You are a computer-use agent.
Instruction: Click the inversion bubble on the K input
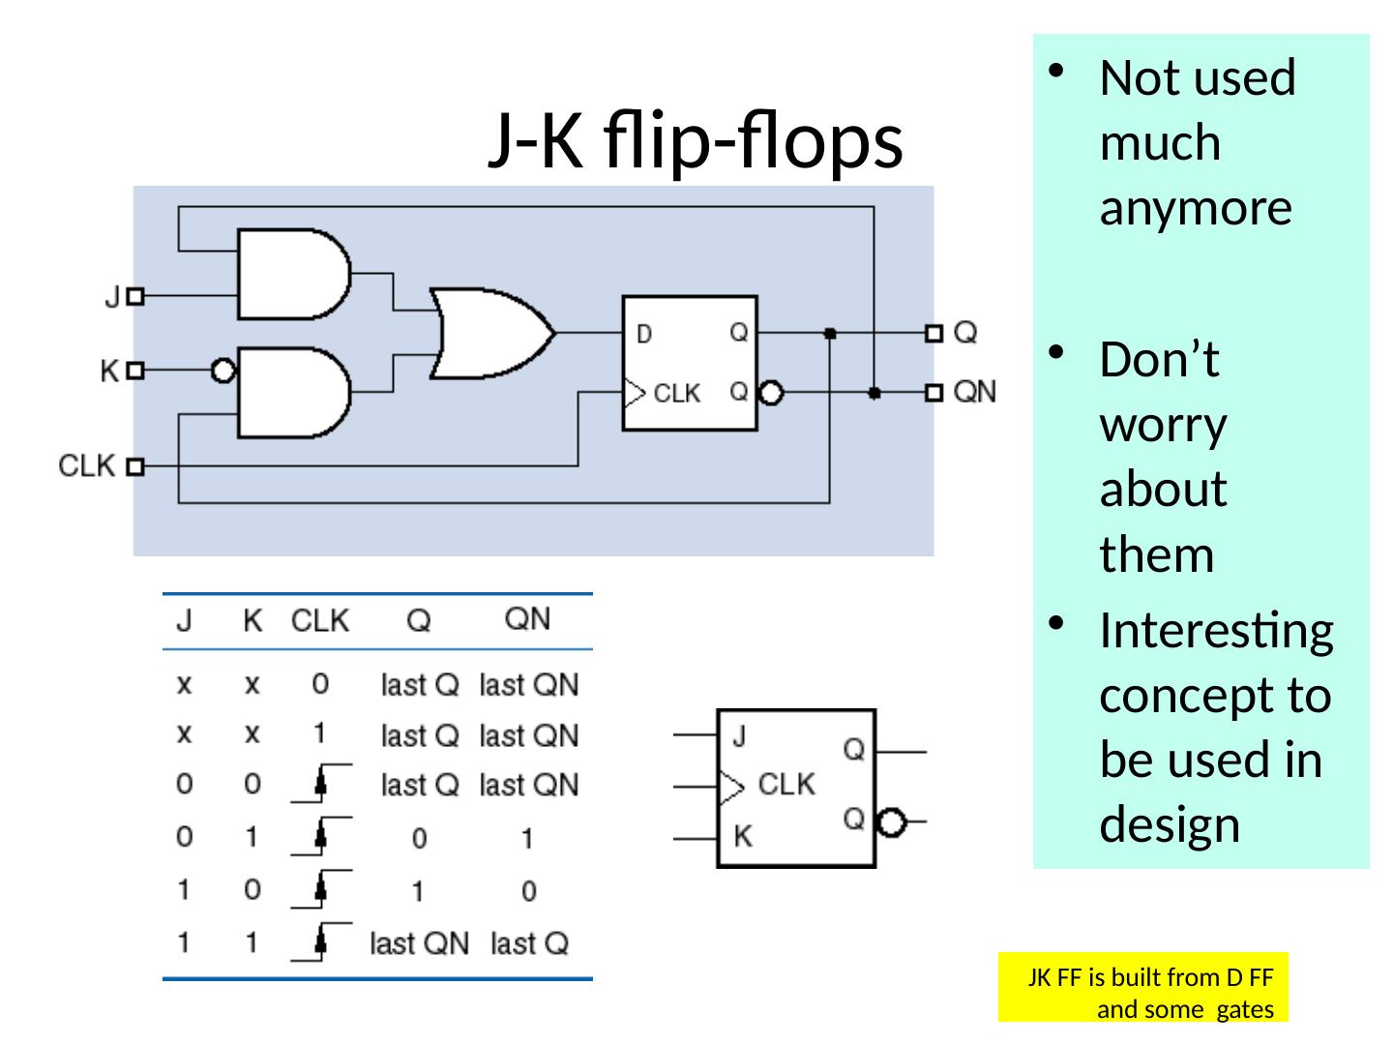click(223, 370)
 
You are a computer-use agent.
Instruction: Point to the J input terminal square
click(135, 297)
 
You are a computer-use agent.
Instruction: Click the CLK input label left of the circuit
click(87, 465)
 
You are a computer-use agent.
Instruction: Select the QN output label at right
click(974, 392)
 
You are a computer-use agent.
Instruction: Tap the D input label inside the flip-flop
click(644, 335)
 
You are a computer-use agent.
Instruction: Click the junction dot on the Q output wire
click(830, 333)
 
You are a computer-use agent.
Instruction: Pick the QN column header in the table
click(527, 619)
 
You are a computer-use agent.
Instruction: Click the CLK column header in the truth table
click(319, 620)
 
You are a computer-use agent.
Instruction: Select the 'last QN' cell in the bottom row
click(419, 943)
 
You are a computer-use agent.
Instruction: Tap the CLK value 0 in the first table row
click(320, 684)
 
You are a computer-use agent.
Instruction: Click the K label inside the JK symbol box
click(742, 836)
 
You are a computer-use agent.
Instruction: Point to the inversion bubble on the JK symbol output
click(891, 823)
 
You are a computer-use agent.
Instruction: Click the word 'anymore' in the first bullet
click(1196, 207)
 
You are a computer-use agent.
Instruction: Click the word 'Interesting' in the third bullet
click(1216, 631)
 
